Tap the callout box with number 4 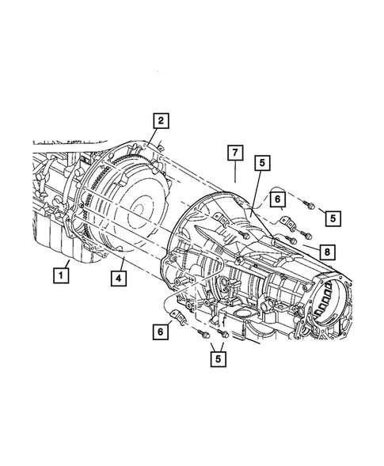click(x=116, y=278)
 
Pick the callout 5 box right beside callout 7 click(x=262, y=164)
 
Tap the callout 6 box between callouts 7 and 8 click(x=279, y=200)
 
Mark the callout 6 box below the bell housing click(x=162, y=334)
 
